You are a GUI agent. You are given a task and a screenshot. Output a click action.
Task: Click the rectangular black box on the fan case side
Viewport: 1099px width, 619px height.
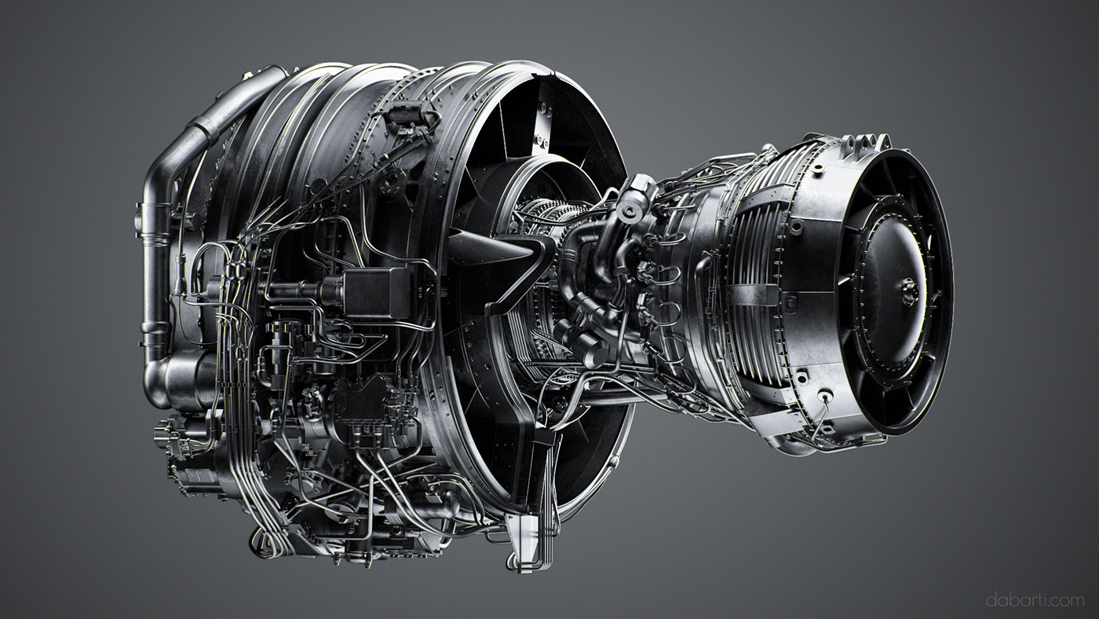(x=376, y=293)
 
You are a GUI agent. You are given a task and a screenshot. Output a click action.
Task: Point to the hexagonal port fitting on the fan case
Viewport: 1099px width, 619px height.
(x=392, y=181)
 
